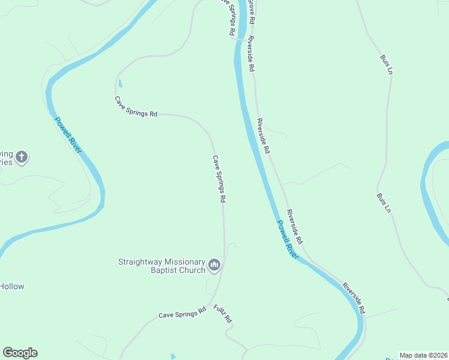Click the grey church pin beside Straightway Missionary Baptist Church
214,265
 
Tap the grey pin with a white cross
22,158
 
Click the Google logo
20,353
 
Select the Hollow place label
11,286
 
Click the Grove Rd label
252,12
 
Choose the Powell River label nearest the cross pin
68,134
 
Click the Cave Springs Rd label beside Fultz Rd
182,314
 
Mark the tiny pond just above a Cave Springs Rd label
120,83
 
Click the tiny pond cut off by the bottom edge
173,357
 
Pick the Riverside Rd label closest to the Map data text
354,298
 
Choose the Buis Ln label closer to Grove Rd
386,64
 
